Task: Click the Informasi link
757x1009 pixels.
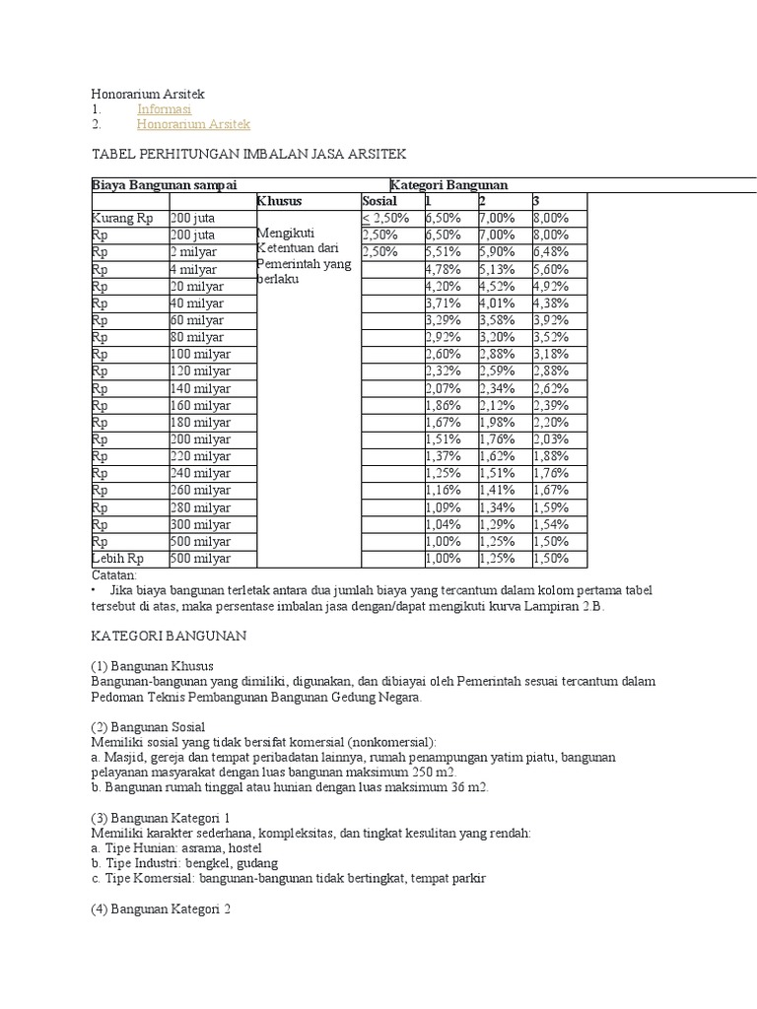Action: (164, 109)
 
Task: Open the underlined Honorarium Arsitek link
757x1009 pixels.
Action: (193, 124)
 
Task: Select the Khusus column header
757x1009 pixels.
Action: (279, 201)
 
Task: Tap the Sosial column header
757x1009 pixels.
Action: (378, 201)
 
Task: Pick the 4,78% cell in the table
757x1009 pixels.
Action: (443, 269)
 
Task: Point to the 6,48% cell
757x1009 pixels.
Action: (551, 252)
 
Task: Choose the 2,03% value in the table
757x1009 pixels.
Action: (551, 439)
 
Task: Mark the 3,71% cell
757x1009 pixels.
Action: (443, 303)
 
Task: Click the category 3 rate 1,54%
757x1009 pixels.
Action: (551, 524)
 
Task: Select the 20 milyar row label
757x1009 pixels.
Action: (197, 286)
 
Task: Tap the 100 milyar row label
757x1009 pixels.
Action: (200, 354)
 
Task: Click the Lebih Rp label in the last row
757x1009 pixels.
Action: (117, 559)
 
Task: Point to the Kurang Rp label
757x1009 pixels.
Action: (122, 218)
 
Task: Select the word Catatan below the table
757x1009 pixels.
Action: (115, 574)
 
